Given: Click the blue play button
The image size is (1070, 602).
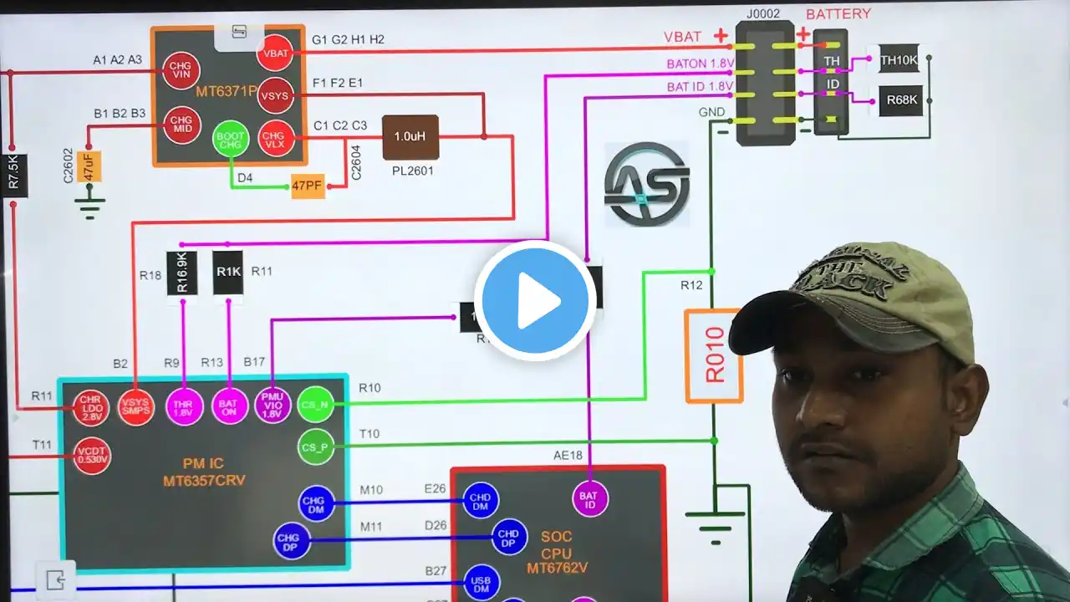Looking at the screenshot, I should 535,300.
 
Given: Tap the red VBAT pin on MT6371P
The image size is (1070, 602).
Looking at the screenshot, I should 274,53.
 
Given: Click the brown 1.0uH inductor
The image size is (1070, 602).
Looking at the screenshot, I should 410,137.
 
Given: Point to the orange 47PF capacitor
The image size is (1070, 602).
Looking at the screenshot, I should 308,185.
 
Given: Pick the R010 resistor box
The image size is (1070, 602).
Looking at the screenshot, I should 713,356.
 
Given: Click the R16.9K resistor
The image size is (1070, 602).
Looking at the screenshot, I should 182,273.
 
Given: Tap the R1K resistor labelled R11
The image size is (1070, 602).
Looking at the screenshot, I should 228,272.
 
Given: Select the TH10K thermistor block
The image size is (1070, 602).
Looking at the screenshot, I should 899,59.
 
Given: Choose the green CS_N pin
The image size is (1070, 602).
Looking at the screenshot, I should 315,405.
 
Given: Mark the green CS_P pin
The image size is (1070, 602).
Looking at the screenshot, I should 315,446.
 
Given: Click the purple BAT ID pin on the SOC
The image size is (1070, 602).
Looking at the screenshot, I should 590,499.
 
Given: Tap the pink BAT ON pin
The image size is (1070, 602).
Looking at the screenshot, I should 228,407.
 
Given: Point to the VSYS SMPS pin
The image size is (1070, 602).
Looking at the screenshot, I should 136,407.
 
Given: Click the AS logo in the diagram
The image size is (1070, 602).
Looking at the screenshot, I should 647,184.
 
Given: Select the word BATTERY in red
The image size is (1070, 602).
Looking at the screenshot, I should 838,14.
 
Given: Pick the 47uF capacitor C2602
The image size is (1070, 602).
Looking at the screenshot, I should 89,166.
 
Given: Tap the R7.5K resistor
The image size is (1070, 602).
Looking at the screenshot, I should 14,175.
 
